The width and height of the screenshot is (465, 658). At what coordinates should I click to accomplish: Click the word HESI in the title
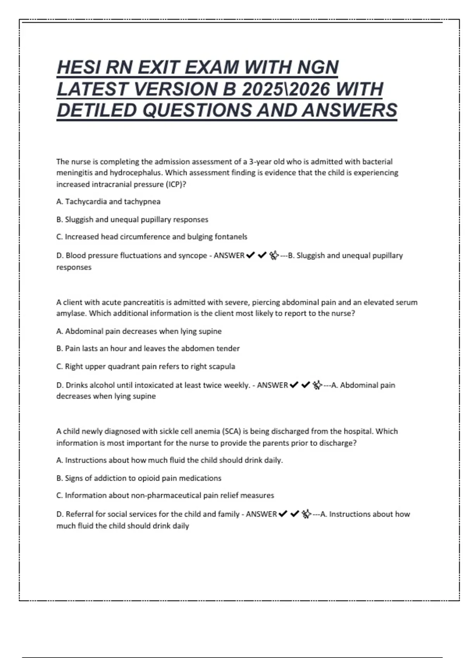(76, 67)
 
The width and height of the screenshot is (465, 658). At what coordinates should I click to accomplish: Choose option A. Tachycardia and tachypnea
(108, 202)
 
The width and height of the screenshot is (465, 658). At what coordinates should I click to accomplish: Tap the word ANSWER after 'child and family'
(261, 514)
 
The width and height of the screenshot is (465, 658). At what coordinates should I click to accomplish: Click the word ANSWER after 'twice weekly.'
(272, 385)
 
